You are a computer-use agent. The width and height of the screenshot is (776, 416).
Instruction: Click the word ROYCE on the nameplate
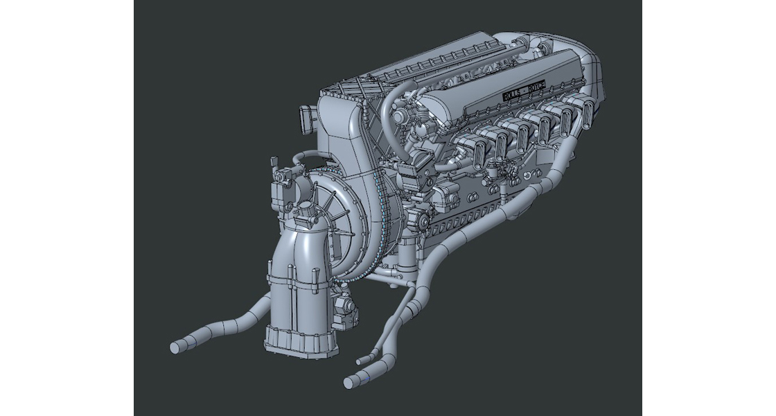(536, 85)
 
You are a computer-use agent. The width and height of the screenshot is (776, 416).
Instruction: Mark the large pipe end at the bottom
(350, 381)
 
